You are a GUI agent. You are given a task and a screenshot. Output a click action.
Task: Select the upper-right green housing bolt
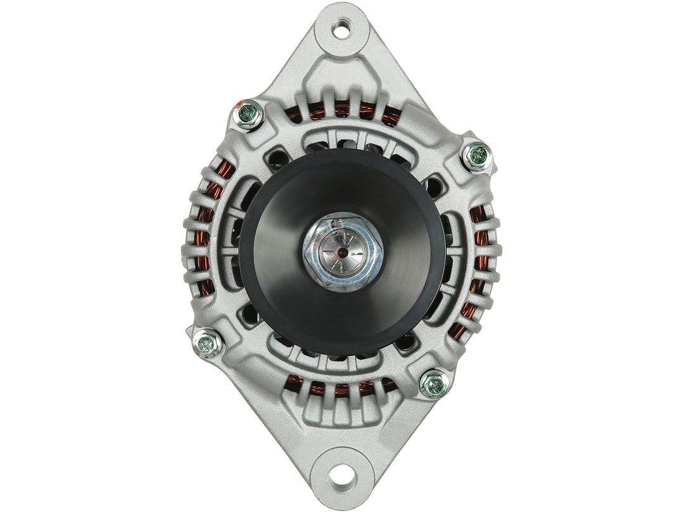click(478, 155)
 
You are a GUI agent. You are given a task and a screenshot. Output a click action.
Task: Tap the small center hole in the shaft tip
click(342, 251)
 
